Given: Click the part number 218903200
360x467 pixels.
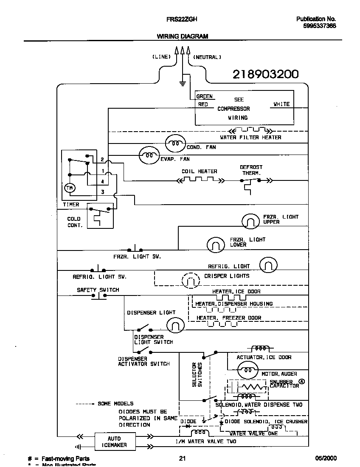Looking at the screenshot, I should pyautogui.click(x=265, y=74).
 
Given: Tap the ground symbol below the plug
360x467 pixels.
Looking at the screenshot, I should pyautogui.click(x=183, y=83).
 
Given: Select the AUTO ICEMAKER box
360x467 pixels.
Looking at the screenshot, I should pyautogui.click(x=114, y=442).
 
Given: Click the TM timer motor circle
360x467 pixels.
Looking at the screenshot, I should pyautogui.click(x=69, y=188).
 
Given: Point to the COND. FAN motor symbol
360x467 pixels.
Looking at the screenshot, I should pyautogui.click(x=174, y=143).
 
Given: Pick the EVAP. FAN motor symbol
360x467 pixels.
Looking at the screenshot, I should pyautogui.click(x=149, y=156).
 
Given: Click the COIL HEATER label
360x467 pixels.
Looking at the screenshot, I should pyautogui.click(x=199, y=172).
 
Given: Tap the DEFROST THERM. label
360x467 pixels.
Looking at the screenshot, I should pyautogui.click(x=251, y=170).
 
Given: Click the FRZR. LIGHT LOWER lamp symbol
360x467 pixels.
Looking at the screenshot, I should pyautogui.click(x=216, y=245).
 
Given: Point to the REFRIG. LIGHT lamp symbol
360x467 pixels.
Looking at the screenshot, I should pyautogui.click(x=268, y=265).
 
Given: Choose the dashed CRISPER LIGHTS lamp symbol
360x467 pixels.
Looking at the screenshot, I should pyautogui.click(x=190, y=280).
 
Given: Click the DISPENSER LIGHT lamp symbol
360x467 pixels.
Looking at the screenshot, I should pyautogui.click(x=175, y=326).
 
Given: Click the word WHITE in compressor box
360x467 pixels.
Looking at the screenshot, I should pyautogui.click(x=281, y=104).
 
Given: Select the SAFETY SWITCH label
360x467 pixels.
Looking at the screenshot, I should pyautogui.click(x=98, y=290).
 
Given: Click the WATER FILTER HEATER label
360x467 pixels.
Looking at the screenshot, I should pyautogui.click(x=250, y=138).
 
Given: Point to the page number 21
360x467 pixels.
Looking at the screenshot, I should pyautogui.click(x=182, y=458).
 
